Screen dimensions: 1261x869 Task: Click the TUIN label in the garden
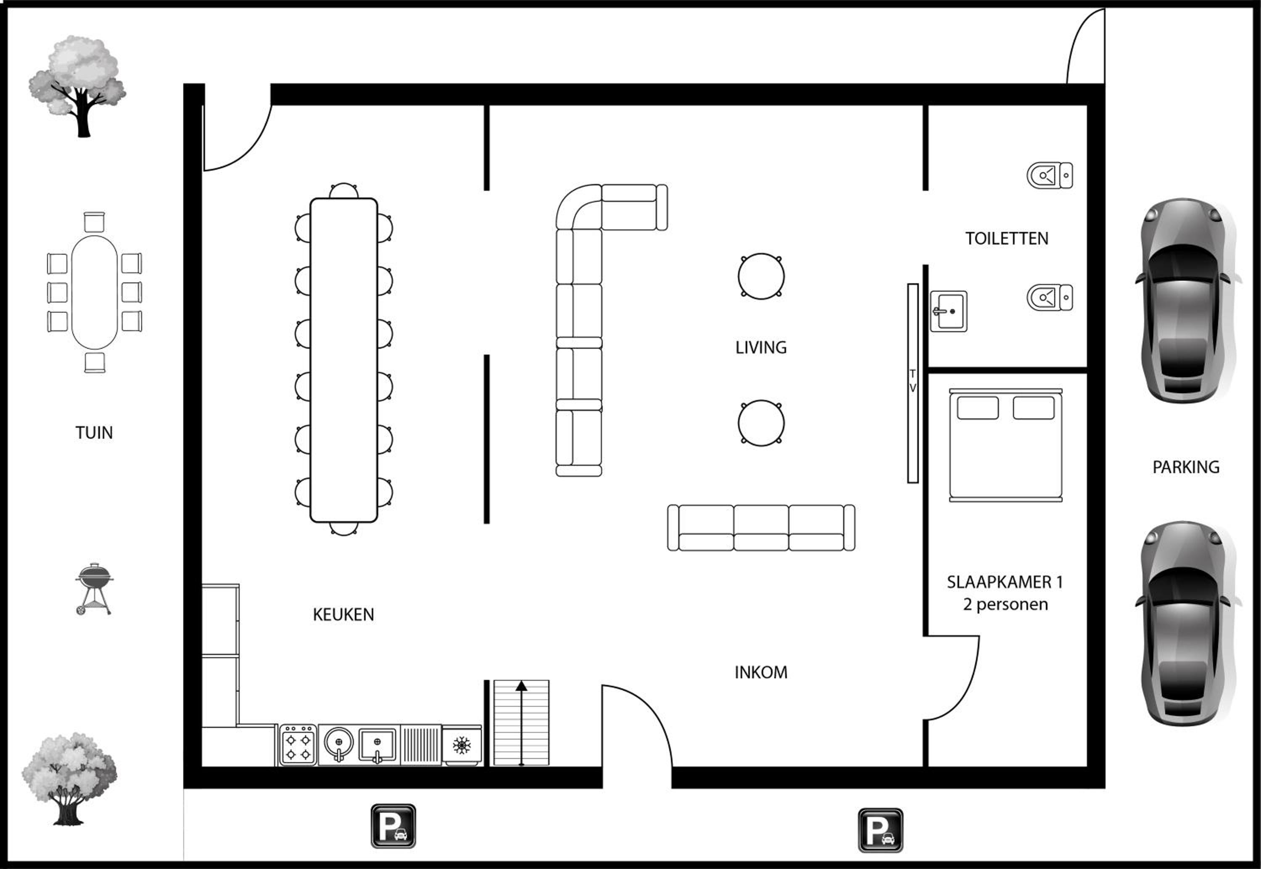click(94, 433)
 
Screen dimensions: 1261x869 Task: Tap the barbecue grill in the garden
click(94, 589)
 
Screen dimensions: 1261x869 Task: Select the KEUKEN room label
click(343, 615)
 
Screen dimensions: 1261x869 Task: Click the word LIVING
click(761, 348)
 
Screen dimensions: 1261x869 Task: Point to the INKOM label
click(761, 672)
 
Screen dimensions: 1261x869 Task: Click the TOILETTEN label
click(1007, 239)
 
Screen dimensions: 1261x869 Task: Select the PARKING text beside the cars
click(1186, 467)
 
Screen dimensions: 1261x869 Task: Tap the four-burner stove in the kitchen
click(298, 745)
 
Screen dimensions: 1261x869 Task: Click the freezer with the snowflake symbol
click(462, 745)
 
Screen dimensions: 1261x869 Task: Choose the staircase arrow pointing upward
click(521, 723)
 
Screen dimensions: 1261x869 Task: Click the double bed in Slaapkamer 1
click(1005, 445)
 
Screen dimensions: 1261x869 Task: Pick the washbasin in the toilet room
click(948, 311)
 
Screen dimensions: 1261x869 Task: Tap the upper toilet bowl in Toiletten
click(1050, 175)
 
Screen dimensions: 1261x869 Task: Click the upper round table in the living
click(761, 276)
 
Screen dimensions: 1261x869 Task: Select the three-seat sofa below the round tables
click(761, 528)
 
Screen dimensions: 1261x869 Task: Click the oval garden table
click(94, 292)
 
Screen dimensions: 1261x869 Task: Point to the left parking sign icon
click(393, 826)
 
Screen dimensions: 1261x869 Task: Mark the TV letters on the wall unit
click(913, 381)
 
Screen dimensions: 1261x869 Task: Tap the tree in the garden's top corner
click(77, 86)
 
